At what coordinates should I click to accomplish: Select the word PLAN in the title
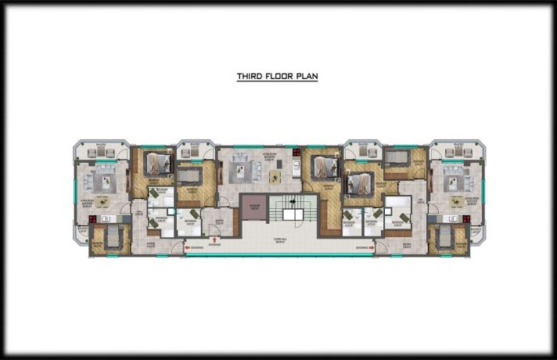[306, 77]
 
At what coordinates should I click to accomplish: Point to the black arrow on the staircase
[294, 210]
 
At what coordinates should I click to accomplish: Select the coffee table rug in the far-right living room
[452, 182]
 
